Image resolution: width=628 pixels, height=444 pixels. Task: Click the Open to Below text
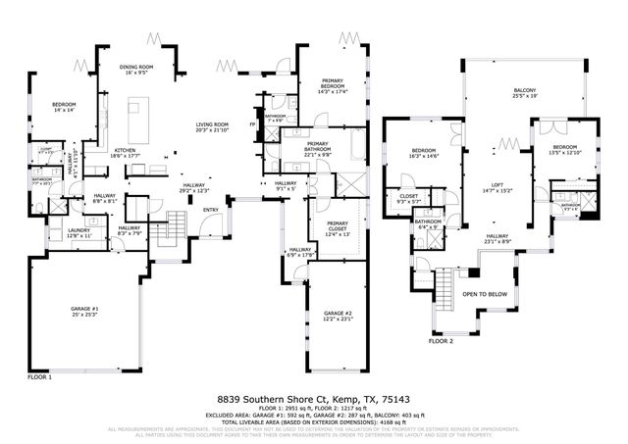[x=484, y=294]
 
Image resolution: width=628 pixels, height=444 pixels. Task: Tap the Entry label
[x=211, y=210]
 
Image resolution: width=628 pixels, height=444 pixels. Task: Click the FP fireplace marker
[x=253, y=125]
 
